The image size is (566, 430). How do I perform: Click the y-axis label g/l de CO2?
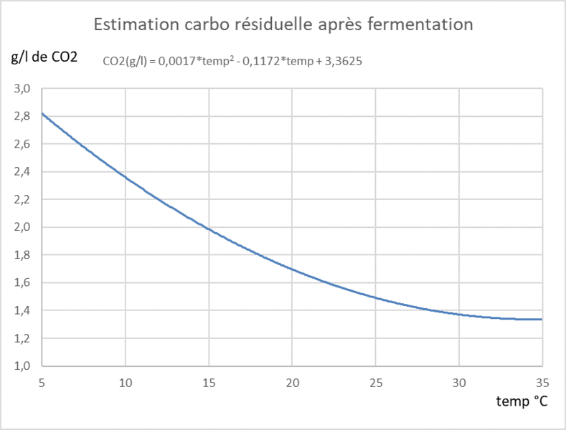44,57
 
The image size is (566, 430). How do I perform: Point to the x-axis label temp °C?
522,401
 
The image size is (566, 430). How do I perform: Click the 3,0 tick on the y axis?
25,89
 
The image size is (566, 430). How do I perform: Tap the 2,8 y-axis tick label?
25,116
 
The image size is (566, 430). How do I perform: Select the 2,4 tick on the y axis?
25,172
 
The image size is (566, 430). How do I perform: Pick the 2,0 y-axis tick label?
25,227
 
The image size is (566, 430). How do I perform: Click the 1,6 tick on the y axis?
25,282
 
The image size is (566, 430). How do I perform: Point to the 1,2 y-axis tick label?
25,338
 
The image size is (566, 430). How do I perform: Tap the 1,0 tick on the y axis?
25,365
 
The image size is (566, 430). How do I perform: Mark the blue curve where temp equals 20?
292,269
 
